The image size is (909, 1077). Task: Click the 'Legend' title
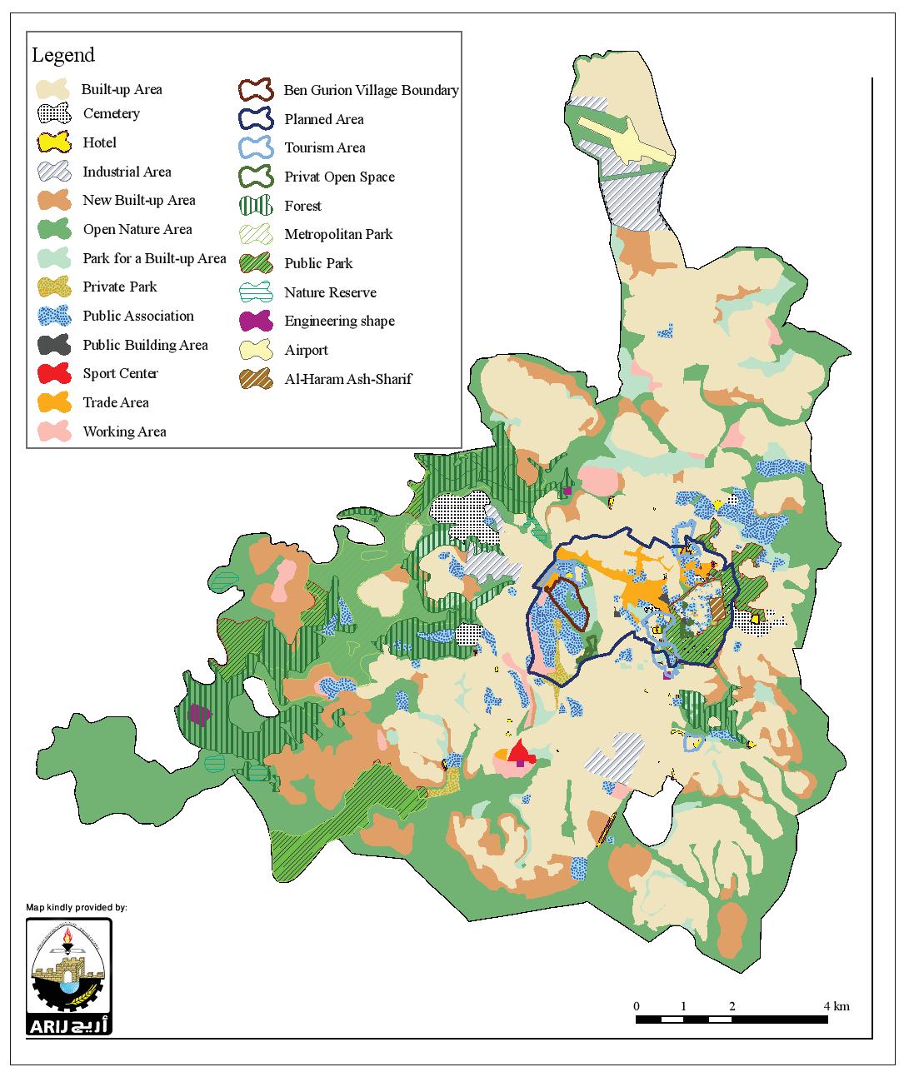point(63,56)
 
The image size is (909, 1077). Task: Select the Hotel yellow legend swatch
point(55,143)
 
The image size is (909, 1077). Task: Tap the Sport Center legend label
point(120,374)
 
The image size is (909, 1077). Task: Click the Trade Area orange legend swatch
point(55,403)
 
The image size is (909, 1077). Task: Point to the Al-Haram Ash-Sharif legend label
point(347,380)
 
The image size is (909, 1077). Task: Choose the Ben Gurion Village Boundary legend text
point(371,90)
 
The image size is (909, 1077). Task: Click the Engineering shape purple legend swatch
point(256,322)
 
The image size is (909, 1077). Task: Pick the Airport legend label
point(306,351)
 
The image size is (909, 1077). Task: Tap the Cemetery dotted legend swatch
point(55,114)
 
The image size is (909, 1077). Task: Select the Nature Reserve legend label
point(330,293)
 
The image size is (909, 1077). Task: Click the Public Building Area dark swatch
point(55,345)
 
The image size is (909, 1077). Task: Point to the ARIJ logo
point(69,975)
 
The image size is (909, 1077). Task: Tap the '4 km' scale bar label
point(837,1006)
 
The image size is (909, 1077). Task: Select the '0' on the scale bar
point(637,1006)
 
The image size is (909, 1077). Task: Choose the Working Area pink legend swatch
point(55,432)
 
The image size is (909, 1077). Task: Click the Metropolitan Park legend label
point(338,235)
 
